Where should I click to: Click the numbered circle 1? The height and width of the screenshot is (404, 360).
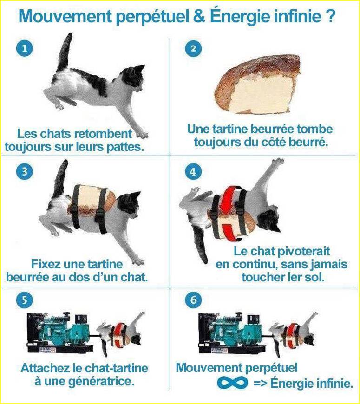[x=25, y=48]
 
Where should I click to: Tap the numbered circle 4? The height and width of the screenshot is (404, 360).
[x=193, y=172]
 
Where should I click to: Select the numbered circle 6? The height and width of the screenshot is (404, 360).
[x=193, y=300]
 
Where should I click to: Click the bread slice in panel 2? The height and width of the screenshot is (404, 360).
[x=258, y=85]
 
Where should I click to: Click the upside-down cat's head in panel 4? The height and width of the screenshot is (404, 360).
[x=269, y=221]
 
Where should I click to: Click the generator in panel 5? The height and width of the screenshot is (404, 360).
[x=60, y=333]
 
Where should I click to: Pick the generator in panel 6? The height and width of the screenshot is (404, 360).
[x=232, y=333]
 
